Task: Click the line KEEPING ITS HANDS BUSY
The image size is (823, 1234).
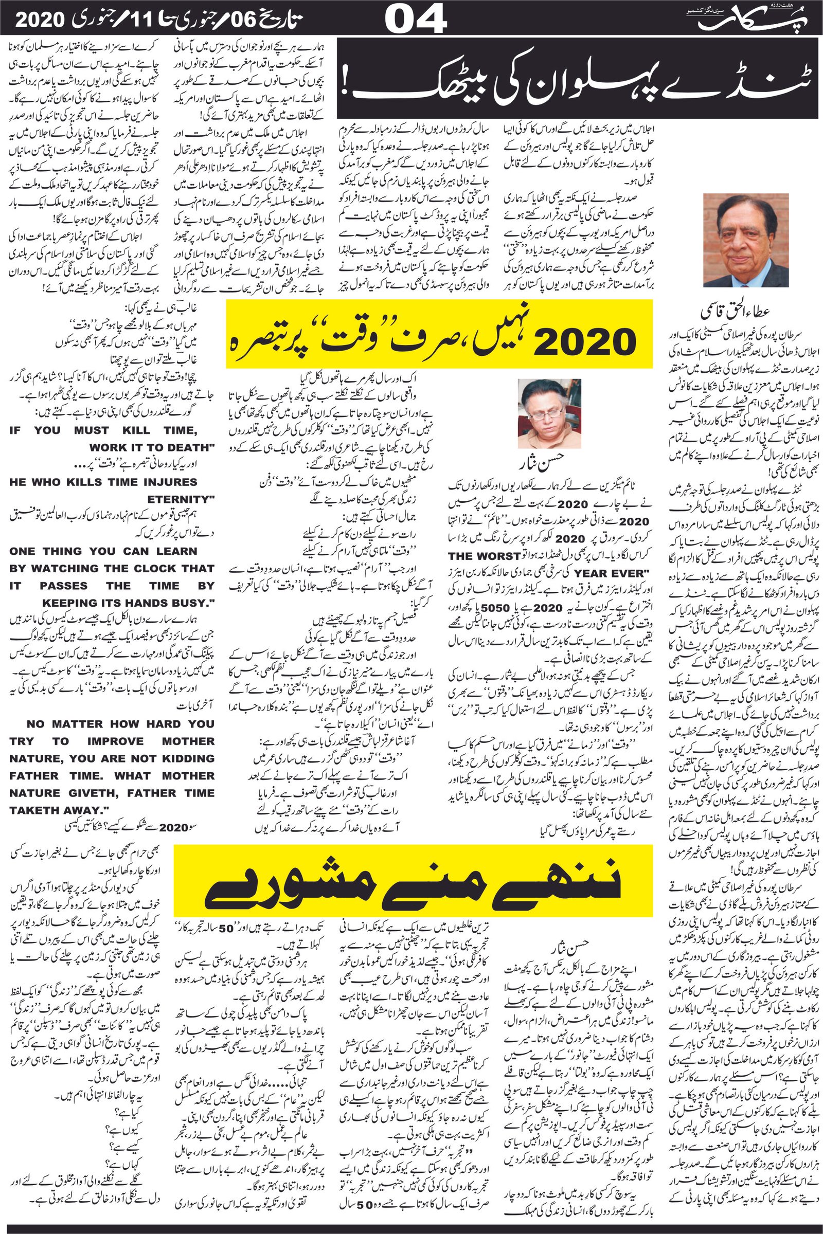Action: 129,603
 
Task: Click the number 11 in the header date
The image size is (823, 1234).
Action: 157,20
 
